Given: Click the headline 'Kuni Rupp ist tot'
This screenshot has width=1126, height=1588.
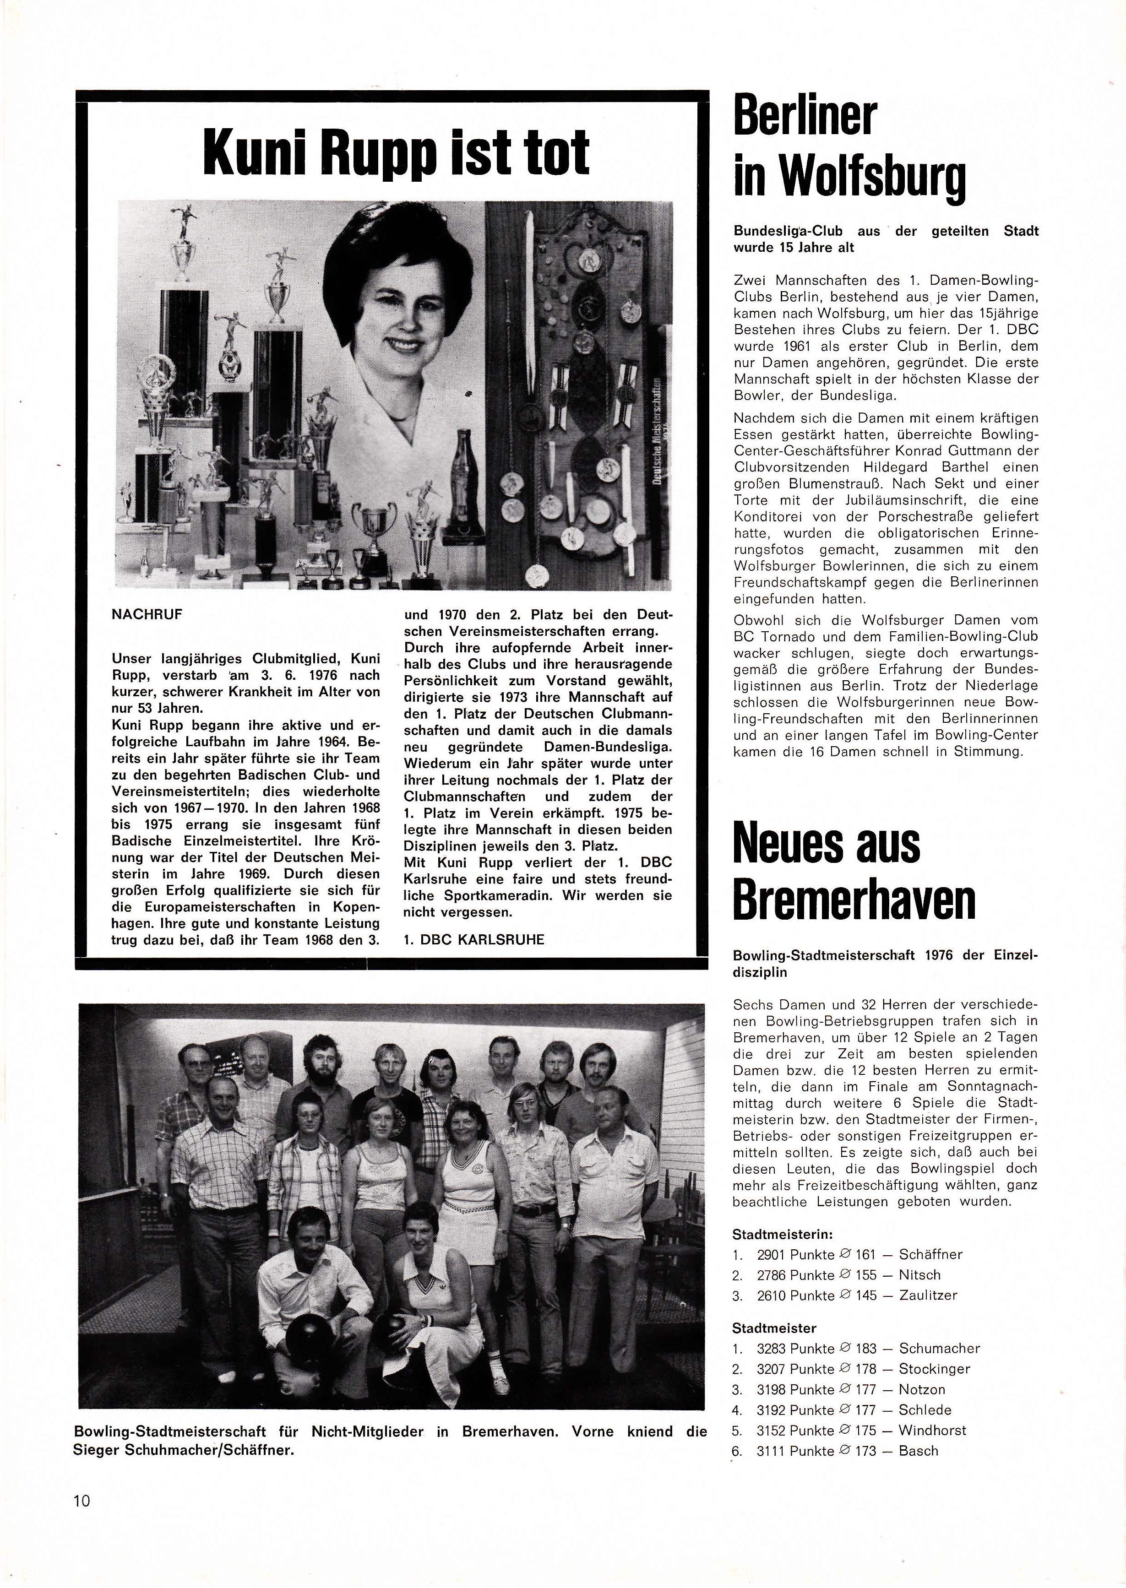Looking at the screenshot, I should coord(396,152).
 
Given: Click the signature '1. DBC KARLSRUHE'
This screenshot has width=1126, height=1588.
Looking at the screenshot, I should coord(473,940).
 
